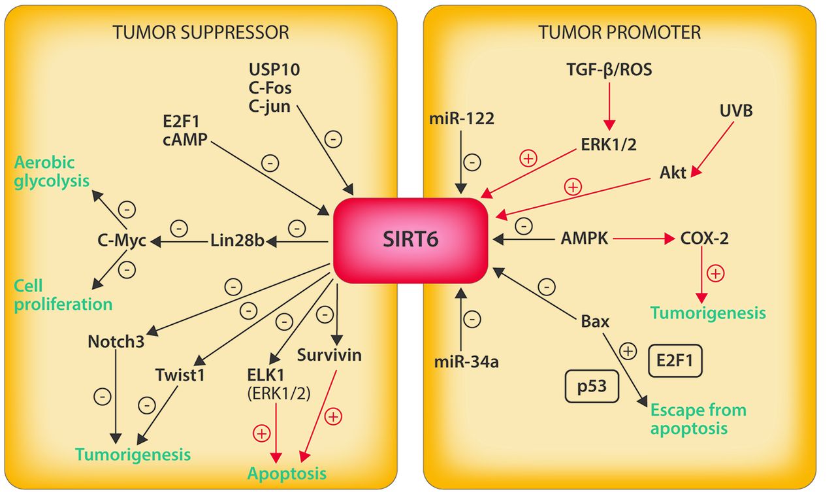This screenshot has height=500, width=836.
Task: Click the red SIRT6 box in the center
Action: [x=411, y=240]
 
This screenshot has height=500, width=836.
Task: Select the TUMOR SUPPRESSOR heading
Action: [x=201, y=32]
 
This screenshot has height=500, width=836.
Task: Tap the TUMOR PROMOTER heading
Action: [x=620, y=32]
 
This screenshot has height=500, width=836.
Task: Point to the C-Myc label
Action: [x=122, y=241]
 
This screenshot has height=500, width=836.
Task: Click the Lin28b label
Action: [x=236, y=241]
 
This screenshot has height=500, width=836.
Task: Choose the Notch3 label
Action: [x=115, y=341]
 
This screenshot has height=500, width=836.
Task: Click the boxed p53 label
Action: [x=592, y=386]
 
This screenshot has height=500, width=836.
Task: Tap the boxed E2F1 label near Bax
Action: [x=675, y=360]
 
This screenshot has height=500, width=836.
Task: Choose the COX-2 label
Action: [x=705, y=239]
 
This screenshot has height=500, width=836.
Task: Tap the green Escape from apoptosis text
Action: [x=698, y=420]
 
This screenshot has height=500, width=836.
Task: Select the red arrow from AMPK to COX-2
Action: [x=642, y=239]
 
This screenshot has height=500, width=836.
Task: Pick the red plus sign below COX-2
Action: [x=716, y=274]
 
